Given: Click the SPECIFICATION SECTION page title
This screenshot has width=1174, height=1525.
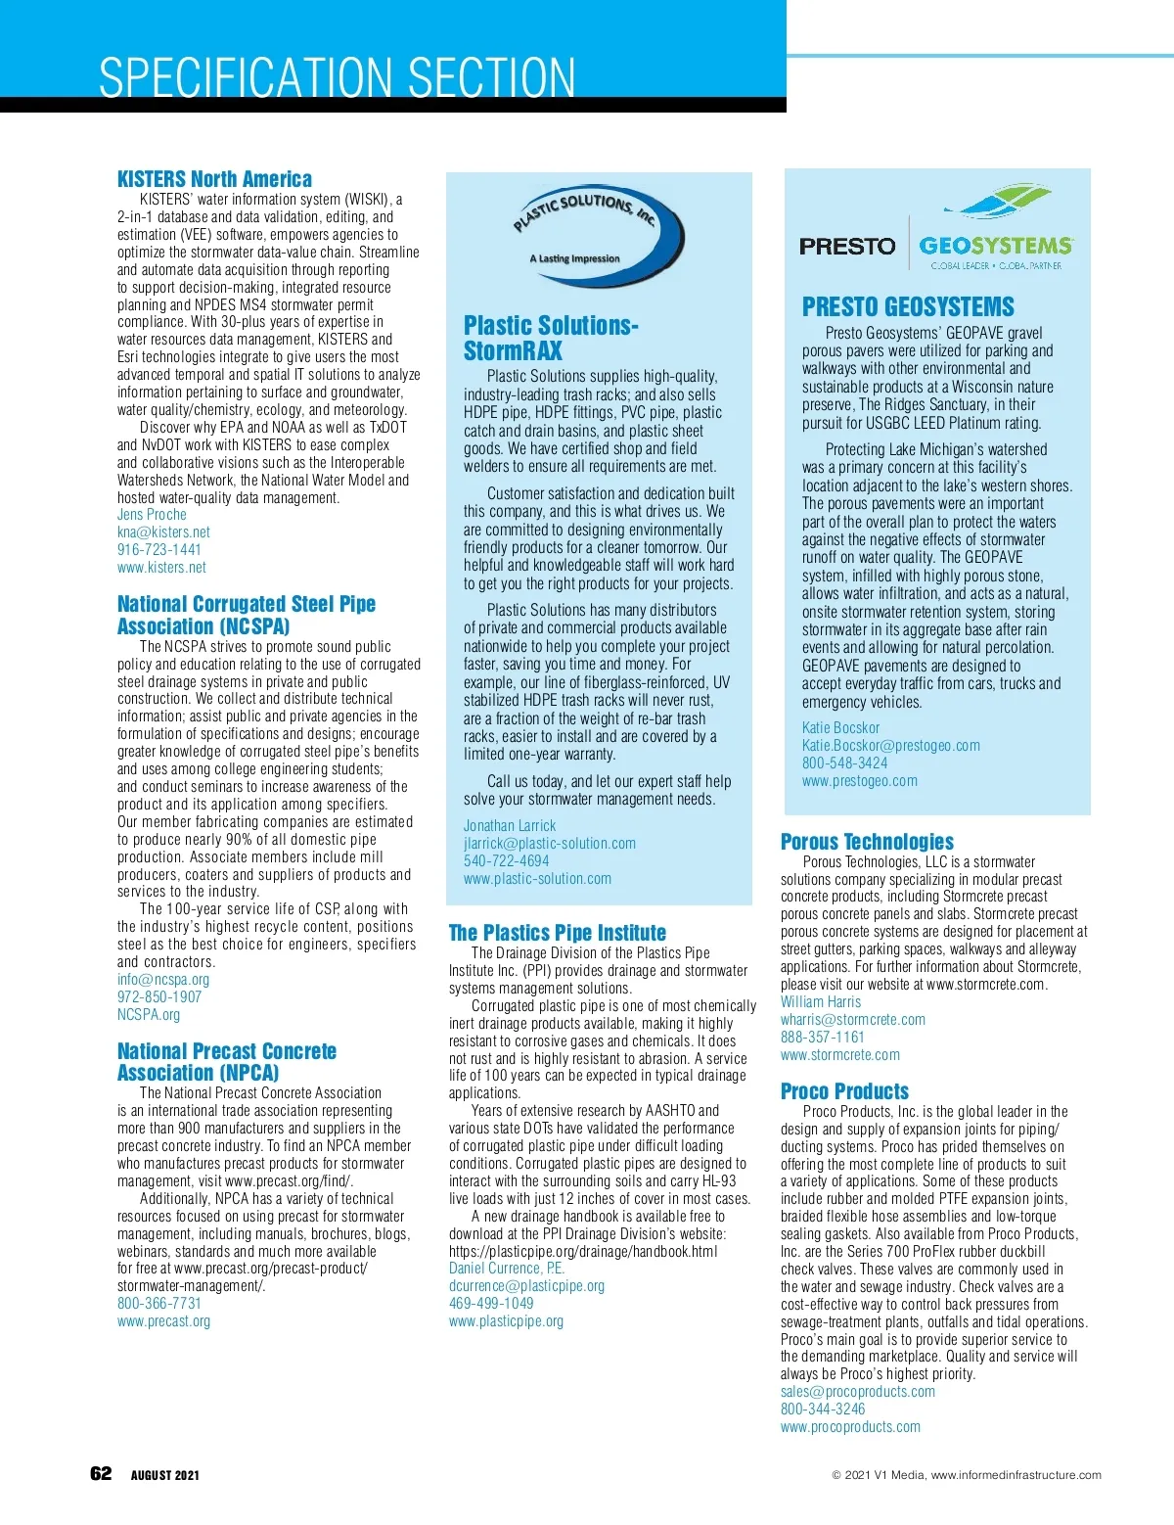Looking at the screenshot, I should (x=338, y=78).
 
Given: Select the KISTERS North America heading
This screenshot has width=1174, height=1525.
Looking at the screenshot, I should (x=214, y=179).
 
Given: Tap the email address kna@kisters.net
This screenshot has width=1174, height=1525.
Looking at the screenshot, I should (x=163, y=532).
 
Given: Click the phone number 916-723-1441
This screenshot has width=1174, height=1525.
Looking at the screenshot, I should (x=159, y=550).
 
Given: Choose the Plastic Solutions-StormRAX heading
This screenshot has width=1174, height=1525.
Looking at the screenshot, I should (x=551, y=338).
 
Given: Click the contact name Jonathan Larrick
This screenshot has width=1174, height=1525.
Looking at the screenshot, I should (x=510, y=826).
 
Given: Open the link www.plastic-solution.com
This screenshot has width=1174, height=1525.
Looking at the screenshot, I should (x=537, y=879).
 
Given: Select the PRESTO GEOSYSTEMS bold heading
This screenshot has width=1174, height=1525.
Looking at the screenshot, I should (x=908, y=307).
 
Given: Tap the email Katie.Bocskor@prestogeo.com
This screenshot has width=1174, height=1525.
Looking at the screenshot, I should (x=890, y=746).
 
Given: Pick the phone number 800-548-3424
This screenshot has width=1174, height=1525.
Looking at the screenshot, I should (x=844, y=763).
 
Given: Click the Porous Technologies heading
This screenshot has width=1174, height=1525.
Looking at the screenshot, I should (x=867, y=842).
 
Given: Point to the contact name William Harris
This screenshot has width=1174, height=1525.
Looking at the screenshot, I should (x=821, y=1002).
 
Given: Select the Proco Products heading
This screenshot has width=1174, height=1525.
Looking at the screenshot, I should (x=844, y=1091).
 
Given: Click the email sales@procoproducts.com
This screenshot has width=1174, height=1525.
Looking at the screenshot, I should (x=857, y=1392).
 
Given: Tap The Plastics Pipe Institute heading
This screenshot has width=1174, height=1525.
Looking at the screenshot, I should (x=557, y=933).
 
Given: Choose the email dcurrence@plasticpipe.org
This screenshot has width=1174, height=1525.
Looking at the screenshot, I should (x=526, y=1286).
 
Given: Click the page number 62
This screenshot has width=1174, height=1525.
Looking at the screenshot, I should (x=101, y=1474).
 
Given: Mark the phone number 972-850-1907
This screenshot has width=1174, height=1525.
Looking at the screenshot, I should (x=159, y=997).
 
